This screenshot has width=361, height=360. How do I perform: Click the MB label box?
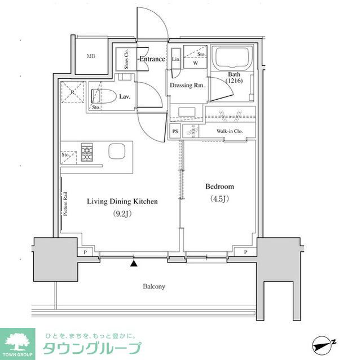click(91, 56)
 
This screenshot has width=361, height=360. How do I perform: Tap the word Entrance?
click(152, 59)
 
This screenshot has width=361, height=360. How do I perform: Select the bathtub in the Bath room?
click(233, 59)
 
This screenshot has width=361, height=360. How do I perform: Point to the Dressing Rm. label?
click(187, 86)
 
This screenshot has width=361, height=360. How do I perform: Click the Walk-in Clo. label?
click(229, 132)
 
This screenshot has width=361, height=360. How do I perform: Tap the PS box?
click(175, 132)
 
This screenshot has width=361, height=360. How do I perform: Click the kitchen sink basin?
click(118, 152)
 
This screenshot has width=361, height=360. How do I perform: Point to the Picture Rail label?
click(65, 202)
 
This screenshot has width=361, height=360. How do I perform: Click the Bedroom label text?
click(219, 186)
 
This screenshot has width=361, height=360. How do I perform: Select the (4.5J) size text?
click(219, 199)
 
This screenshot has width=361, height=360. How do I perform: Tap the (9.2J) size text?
click(121, 214)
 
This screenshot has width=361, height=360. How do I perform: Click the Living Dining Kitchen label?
click(122, 201)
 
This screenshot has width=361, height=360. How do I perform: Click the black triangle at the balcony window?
click(134, 263)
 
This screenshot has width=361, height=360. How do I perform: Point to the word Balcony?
click(153, 287)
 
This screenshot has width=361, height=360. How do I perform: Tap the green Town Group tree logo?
click(19, 341)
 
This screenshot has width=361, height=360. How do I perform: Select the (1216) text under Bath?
click(234, 81)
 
